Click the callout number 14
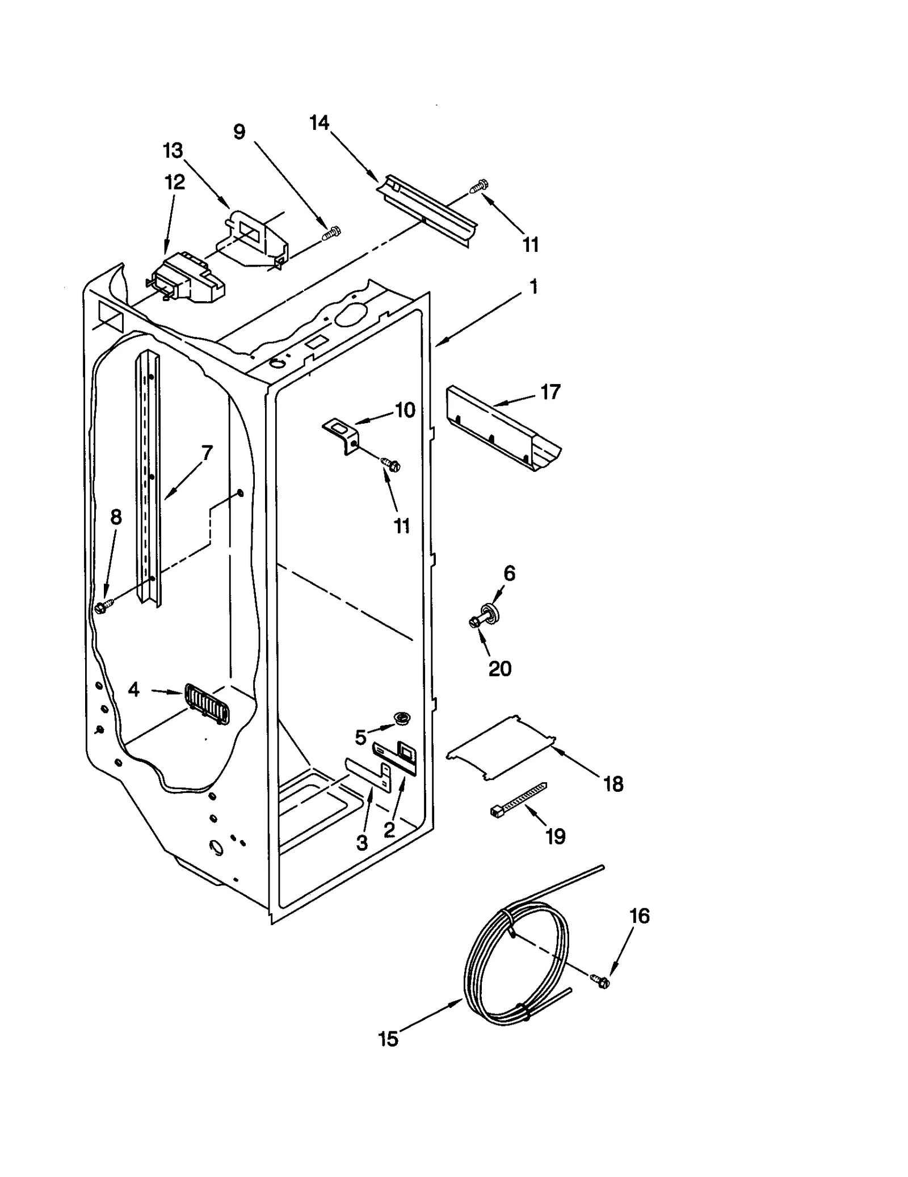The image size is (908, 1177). coord(320,123)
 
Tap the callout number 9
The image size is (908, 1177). coord(239,132)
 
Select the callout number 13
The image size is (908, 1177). coord(173,151)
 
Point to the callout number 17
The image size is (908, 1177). coord(550,391)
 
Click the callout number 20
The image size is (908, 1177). coord(499,669)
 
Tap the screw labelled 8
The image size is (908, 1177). coord(104,607)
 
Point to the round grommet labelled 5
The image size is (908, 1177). coord(402,719)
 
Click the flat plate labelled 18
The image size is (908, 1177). coord(501,748)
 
